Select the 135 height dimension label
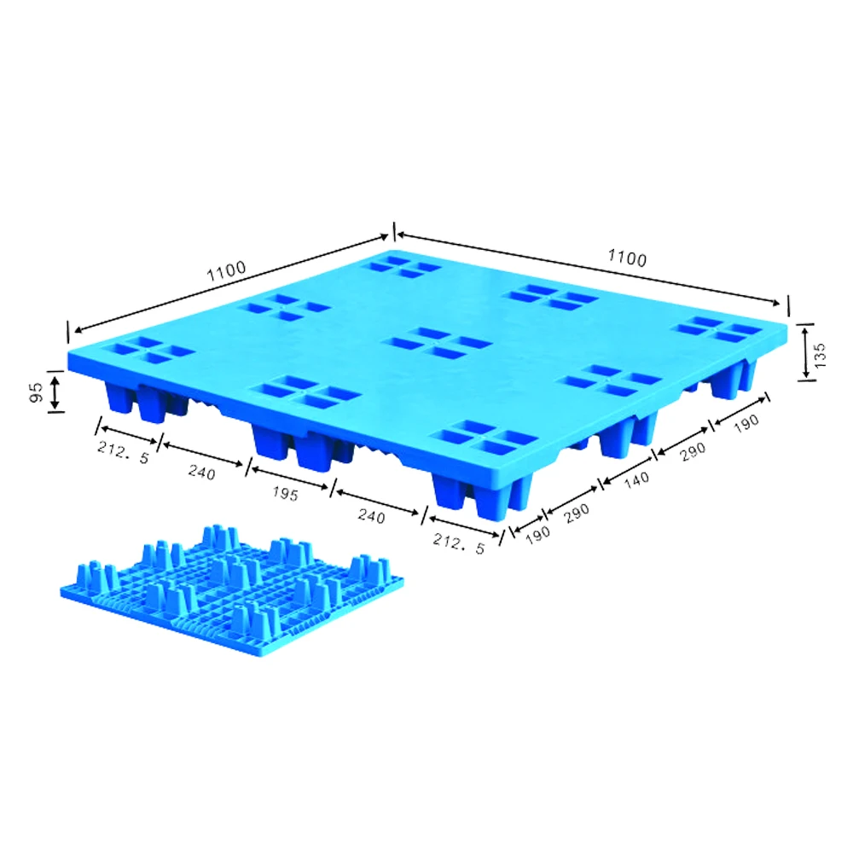tap(821, 351)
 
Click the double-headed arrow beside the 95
tap(55, 392)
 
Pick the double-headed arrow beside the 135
tap(804, 351)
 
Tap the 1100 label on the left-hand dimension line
tap(225, 270)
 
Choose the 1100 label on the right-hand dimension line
tap(627, 258)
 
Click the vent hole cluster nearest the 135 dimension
tap(715, 330)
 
